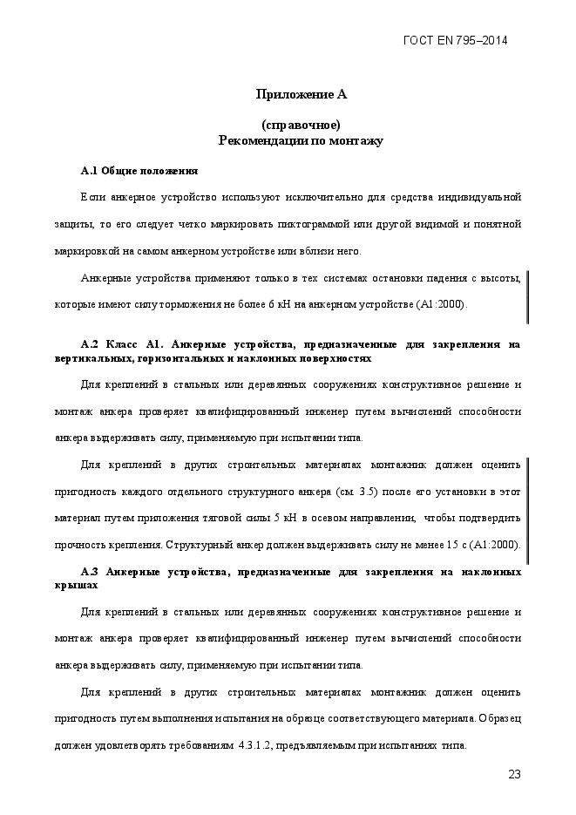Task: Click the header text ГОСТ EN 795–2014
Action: click(x=456, y=40)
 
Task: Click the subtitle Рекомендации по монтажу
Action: click(x=301, y=139)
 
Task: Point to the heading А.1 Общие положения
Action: click(x=139, y=170)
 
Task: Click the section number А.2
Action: click(x=92, y=344)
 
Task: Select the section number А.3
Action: click(x=92, y=572)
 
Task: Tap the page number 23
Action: click(x=513, y=774)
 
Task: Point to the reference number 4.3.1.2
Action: click(x=257, y=746)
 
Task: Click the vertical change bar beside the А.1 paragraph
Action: click(x=528, y=296)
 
